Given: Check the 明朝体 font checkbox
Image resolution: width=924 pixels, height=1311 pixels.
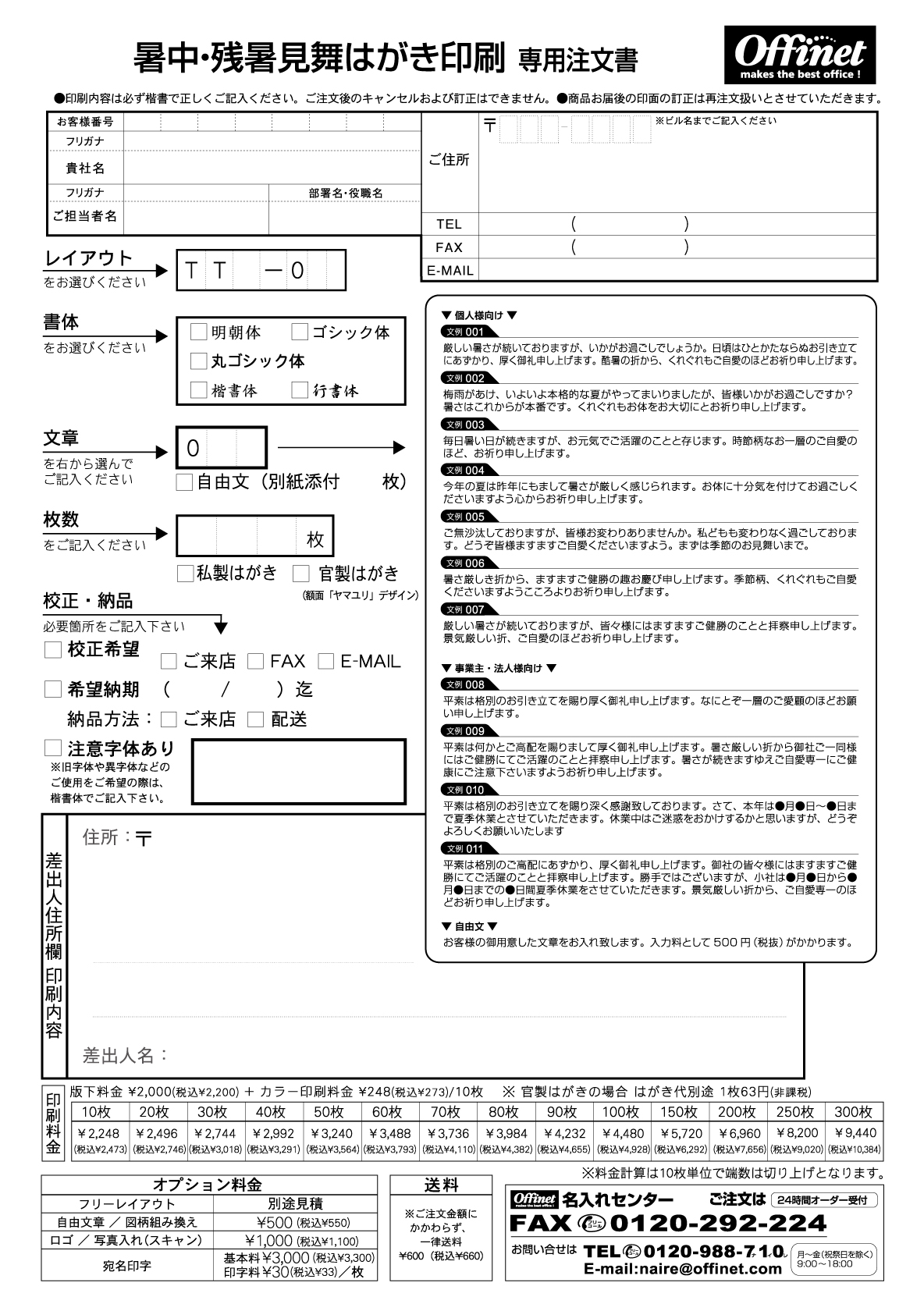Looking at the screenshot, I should pos(199,332).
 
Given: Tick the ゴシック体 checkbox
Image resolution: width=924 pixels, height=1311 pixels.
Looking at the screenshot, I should pos(300,332).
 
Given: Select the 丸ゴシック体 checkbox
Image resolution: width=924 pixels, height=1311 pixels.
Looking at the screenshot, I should pos(199,361).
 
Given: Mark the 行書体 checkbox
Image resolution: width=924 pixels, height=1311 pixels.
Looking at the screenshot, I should pos(300,390).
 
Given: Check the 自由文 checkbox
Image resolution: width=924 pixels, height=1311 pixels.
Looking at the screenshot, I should pos(184,482).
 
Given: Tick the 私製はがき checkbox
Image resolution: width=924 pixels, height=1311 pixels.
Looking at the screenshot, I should pos(185,574).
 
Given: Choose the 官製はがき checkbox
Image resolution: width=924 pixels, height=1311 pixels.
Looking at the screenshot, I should pos(301,574).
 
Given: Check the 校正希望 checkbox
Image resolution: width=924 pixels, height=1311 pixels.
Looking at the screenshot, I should pos(53,649).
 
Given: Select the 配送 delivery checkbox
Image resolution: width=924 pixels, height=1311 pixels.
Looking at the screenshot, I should pos(255,719).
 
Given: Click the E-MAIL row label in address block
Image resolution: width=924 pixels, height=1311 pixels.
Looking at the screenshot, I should pos(450,271).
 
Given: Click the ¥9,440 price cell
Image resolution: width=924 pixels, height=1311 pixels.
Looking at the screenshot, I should pos(855,1133).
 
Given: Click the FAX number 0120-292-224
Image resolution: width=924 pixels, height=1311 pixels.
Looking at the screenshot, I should pos(718,1222).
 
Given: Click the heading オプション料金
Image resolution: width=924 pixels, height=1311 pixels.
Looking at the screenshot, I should pos(208,1185).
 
